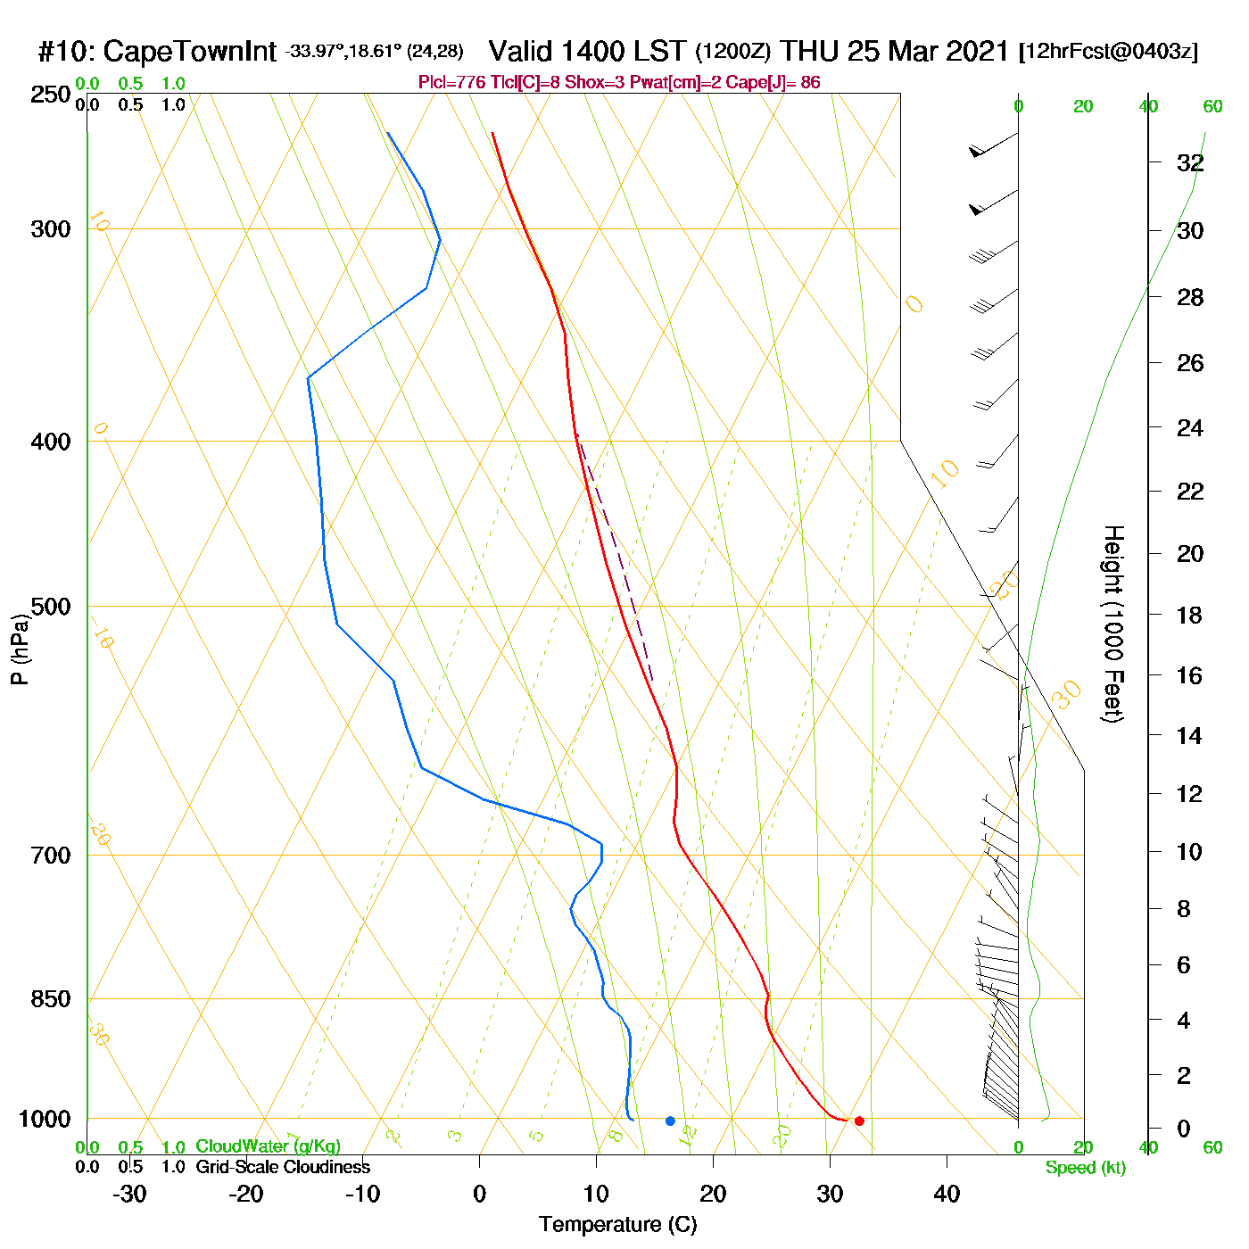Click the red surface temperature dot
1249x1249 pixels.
(x=859, y=1121)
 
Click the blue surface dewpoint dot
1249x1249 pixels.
(x=670, y=1121)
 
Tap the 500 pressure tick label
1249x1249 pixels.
(x=51, y=607)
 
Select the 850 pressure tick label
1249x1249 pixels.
(x=51, y=999)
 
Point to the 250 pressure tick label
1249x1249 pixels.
(x=51, y=95)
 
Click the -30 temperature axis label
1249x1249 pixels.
(x=129, y=1194)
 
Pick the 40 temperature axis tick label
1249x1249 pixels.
(x=947, y=1194)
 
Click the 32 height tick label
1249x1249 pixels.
(x=1190, y=163)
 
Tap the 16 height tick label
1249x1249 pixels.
(x=1190, y=675)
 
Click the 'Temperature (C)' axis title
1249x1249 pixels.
(x=617, y=1225)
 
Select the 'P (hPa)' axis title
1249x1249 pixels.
(x=20, y=649)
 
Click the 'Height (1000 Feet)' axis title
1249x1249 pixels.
(x=1113, y=624)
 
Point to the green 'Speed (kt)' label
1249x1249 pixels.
(x=1085, y=1168)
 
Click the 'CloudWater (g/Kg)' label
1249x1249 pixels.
(x=268, y=1146)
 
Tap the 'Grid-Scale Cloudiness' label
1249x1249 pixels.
(x=283, y=1167)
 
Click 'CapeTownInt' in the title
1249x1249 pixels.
(x=189, y=52)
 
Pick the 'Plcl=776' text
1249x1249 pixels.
(x=452, y=83)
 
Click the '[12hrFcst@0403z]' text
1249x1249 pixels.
(x=1108, y=52)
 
